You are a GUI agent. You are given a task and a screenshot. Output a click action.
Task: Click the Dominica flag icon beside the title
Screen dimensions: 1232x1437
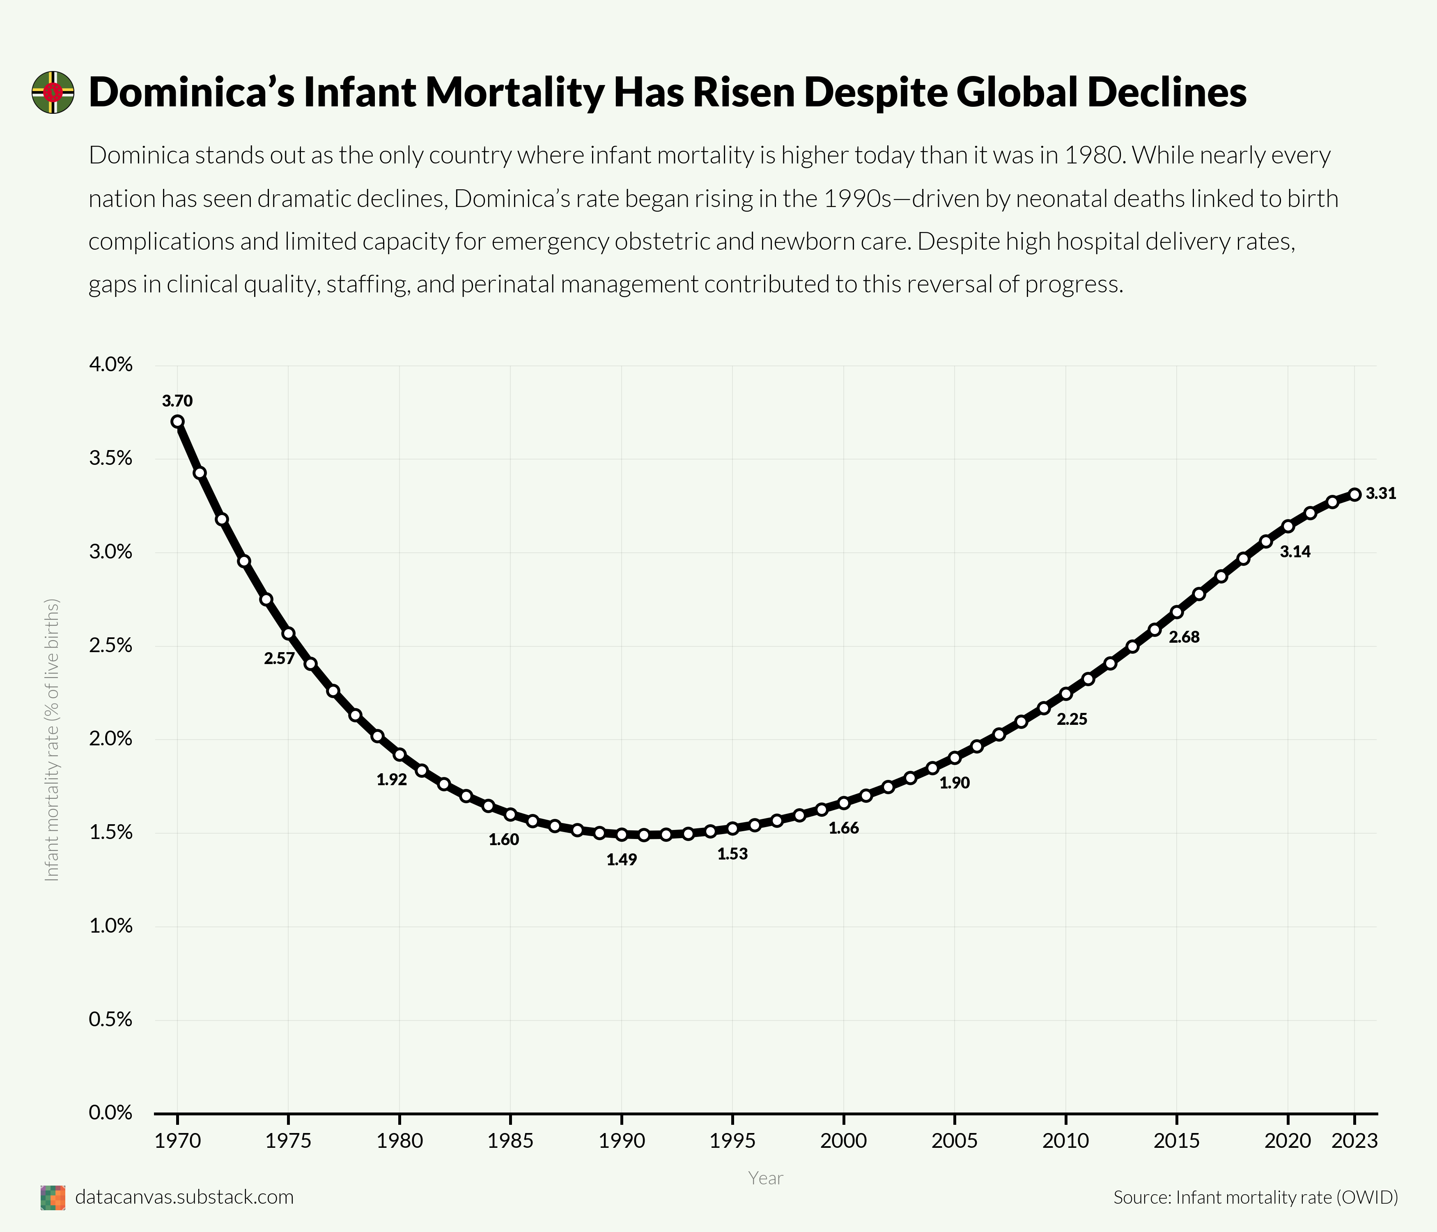pyautogui.click(x=53, y=92)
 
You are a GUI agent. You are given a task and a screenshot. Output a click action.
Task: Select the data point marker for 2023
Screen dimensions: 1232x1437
pyautogui.click(x=1354, y=494)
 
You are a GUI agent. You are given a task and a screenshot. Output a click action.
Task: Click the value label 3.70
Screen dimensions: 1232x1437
pyautogui.click(x=177, y=401)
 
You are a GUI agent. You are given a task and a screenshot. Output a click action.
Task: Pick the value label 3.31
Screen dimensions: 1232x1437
pyautogui.click(x=1381, y=494)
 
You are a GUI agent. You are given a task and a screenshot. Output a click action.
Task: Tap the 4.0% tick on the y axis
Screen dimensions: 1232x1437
pyautogui.click(x=111, y=365)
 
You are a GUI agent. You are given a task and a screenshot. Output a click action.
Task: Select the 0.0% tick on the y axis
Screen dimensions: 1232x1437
pyautogui.click(x=111, y=1112)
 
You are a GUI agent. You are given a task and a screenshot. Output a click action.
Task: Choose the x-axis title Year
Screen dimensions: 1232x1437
pyautogui.click(x=766, y=1178)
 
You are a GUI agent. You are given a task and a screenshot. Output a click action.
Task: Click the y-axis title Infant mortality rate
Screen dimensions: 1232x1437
pyautogui.click(x=52, y=740)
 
